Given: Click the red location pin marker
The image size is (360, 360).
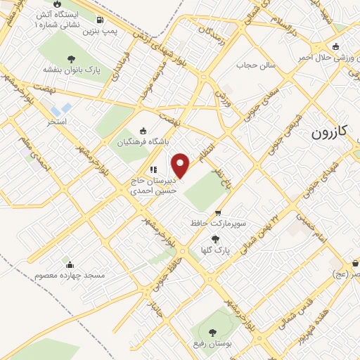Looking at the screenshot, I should coord(181,165).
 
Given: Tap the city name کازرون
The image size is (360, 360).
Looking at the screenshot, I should coord(330,132).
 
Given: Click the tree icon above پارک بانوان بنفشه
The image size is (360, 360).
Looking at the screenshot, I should coord(71,58).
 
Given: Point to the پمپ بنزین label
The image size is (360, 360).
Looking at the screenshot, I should coord(98,32).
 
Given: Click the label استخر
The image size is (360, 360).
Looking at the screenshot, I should coord(57,122).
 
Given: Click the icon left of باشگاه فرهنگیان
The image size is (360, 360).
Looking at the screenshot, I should coord(144,130).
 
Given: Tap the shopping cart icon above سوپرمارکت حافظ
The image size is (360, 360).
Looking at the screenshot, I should coord(218,212).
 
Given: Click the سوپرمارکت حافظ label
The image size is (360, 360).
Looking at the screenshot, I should coord(217,223).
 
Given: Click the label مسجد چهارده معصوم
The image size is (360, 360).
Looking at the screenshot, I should coord(70,276).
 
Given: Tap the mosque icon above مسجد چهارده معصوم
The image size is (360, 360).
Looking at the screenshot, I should coord(70,265).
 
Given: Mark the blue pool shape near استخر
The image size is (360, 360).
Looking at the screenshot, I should coord(62,109).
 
